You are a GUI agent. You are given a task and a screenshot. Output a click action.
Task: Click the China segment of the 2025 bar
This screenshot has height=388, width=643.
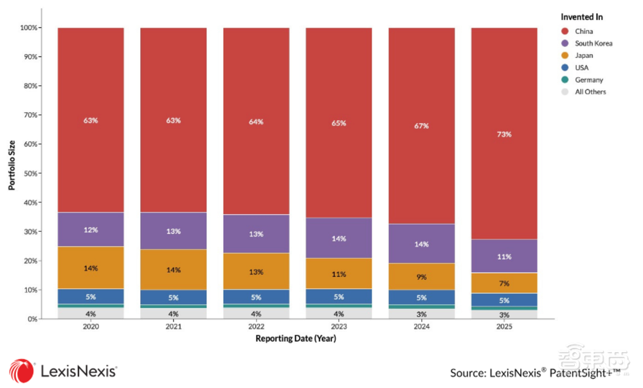[504, 134]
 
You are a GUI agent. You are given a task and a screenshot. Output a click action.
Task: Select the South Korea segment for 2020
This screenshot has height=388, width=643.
[91, 229]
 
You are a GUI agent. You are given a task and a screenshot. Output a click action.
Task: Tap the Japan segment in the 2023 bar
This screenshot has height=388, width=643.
[339, 274]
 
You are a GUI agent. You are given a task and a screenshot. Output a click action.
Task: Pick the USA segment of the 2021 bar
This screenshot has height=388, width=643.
[174, 297]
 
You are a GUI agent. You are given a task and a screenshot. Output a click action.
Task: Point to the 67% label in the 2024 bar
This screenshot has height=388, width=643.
[421, 126]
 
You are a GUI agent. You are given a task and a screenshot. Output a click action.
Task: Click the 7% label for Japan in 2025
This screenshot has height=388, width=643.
[504, 283]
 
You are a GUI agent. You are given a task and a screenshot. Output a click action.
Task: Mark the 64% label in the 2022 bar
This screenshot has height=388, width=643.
[256, 121]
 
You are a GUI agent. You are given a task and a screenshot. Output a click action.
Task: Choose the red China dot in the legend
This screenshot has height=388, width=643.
[565, 31]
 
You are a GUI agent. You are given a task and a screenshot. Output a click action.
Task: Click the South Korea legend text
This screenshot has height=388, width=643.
[593, 44]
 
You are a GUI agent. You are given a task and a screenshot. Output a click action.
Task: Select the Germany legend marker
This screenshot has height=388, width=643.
[565, 80]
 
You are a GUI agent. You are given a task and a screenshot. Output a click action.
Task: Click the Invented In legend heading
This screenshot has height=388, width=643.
[581, 17]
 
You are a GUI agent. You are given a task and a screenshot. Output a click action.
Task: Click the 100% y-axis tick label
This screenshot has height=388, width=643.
[28, 28]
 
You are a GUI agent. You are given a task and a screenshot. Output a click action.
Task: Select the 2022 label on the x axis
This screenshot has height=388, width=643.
[256, 326]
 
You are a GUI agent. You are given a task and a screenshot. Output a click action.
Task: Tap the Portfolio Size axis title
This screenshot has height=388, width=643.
[12, 165]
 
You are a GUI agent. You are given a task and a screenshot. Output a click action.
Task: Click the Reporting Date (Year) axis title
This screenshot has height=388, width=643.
[296, 339]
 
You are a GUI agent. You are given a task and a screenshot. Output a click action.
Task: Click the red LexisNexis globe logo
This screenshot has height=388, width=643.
[21, 371]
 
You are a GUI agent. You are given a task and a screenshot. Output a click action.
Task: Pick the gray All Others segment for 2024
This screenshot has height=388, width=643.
[421, 314]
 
